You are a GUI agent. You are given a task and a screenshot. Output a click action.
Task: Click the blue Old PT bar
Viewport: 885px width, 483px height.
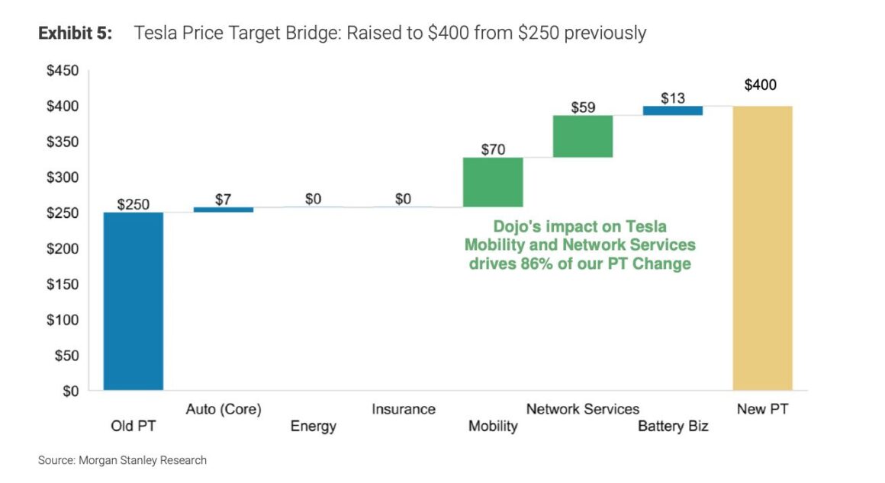pos(134,301)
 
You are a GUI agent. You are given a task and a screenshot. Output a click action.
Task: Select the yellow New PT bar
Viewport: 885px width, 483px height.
pos(762,248)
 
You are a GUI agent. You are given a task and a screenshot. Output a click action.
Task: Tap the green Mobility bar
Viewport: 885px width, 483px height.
pos(493,182)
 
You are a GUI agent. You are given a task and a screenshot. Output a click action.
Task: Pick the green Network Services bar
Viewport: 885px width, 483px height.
pos(583,136)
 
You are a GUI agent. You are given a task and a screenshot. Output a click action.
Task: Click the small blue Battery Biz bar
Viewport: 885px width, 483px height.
pos(673,110)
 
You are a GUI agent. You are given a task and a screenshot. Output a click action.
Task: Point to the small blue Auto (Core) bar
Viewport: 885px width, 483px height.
pos(224,210)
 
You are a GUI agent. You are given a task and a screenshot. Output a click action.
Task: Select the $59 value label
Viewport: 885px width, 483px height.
pos(584,107)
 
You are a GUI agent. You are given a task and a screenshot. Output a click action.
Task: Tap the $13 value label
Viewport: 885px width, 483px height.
pos(673,98)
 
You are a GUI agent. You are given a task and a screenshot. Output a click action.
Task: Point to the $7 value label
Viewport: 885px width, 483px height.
pos(224,199)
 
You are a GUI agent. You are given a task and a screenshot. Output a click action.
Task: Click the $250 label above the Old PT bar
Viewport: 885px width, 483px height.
pos(134,204)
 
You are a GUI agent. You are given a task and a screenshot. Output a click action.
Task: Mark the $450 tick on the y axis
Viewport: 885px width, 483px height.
pos(63,71)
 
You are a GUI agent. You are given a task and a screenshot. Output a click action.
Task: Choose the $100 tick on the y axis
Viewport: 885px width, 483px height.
pos(63,320)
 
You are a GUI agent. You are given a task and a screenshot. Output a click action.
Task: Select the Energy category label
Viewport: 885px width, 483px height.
pos(314,426)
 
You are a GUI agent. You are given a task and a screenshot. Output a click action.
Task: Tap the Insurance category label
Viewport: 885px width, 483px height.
pos(404,409)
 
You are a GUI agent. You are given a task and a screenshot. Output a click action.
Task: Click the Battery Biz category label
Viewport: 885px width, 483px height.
pos(673,426)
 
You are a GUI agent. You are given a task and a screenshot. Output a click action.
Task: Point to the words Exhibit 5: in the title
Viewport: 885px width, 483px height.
pos(76,34)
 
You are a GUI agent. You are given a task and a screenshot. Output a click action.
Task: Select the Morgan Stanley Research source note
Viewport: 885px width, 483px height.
pos(122,460)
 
